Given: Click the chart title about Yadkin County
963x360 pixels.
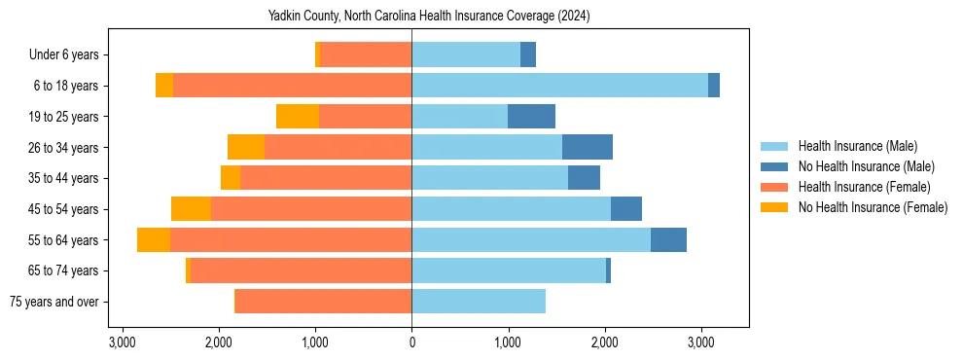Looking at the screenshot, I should click(429, 17).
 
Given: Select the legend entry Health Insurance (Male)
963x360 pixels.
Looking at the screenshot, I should click(857, 146).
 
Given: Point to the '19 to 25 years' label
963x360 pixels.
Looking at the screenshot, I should click(65, 117).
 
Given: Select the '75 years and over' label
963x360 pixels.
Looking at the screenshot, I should click(53, 302).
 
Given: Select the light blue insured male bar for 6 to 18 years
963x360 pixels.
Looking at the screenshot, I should click(559, 86).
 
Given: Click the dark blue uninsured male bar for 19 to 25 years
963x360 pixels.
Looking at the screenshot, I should click(531, 117).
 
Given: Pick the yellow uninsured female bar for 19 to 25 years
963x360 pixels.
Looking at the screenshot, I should click(298, 117).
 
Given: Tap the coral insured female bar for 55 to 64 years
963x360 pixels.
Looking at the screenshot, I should click(291, 240).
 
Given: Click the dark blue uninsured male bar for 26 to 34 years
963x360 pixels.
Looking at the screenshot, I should click(588, 148).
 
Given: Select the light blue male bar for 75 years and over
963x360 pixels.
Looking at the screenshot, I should click(479, 302).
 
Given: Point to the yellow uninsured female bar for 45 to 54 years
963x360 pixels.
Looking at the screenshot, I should click(191, 209).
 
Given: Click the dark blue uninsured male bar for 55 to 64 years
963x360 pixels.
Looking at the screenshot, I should click(668, 240).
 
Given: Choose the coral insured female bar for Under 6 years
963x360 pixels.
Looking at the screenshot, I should click(366, 55).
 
